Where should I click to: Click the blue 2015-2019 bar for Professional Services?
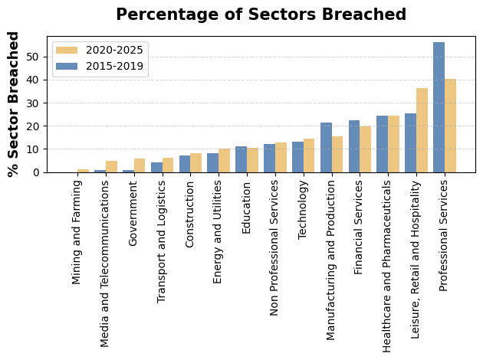tap(439, 107)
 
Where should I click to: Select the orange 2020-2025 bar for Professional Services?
tap(450, 126)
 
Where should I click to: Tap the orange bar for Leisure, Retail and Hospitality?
tap(422, 130)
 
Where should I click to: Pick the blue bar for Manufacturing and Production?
tap(326, 147)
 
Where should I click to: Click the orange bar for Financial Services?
tap(366, 149)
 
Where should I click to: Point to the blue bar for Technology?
tap(297, 157)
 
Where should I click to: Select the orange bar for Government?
tap(140, 165)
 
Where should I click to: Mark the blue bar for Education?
tap(241, 159)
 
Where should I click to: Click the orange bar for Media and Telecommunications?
tap(111, 167)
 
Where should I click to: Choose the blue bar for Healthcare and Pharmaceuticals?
tap(382, 144)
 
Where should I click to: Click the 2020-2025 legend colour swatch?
tap(67, 51)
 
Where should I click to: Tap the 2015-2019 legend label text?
tap(114, 66)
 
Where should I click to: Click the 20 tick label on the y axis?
tap(36, 126)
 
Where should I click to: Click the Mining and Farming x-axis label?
tap(77, 231)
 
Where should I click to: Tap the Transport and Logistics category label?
tap(162, 241)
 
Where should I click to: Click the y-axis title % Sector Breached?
tap(14, 104)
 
